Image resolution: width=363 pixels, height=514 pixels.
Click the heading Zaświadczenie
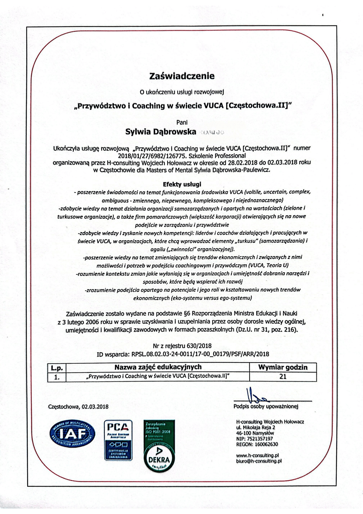tap(182, 76)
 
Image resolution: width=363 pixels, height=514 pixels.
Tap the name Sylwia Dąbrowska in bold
tap(161, 132)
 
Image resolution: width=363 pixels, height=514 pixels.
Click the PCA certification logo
tap(118, 440)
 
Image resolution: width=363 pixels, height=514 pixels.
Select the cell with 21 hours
tap(283, 377)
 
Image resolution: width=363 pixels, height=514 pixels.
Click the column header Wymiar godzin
tap(283, 367)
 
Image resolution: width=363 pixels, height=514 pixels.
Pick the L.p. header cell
tap(57, 368)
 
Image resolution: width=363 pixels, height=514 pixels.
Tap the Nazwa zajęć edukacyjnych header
tap(158, 367)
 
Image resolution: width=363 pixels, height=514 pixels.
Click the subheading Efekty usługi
tap(182, 184)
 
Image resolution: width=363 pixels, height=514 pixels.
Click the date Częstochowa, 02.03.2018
tap(78, 407)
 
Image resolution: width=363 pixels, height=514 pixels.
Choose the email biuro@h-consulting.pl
tap(259, 461)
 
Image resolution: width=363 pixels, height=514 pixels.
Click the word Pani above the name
tap(182, 123)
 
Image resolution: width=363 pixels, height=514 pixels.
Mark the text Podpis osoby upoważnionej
tap(266, 406)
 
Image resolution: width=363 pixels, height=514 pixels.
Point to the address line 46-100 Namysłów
tap(255, 433)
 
